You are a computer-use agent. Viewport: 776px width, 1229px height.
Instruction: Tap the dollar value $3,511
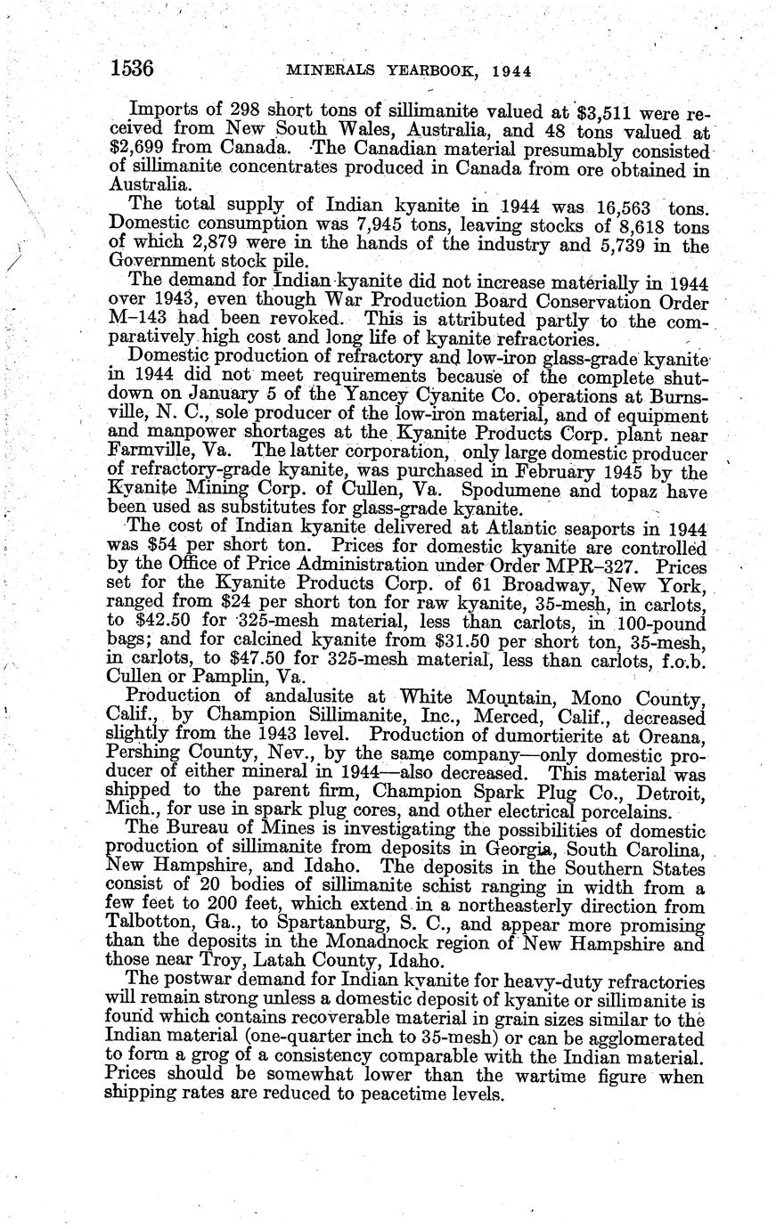click(x=610, y=112)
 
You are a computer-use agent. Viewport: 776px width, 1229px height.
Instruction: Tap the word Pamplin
click(x=228, y=675)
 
